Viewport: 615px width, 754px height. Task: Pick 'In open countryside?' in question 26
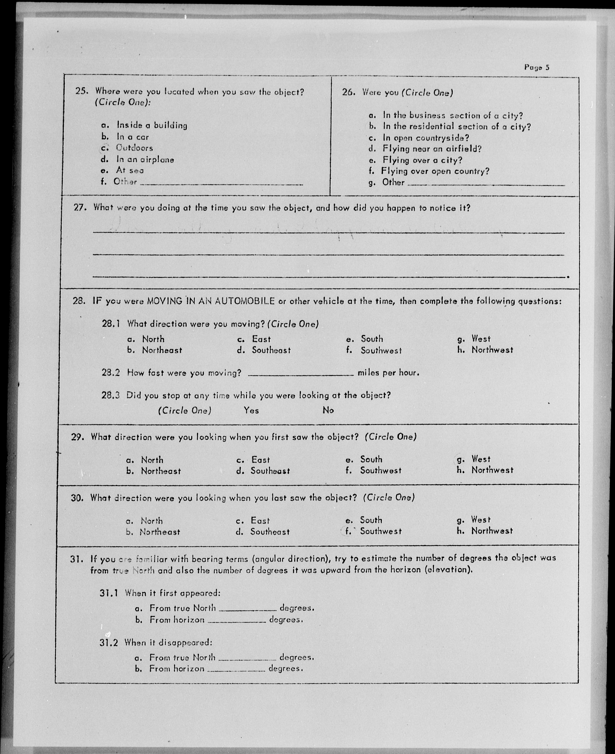(x=426, y=138)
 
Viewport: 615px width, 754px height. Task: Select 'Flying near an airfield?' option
(x=432, y=149)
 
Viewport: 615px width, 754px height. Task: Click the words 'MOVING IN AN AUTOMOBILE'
(x=211, y=301)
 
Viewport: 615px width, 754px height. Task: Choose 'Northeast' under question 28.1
(x=162, y=350)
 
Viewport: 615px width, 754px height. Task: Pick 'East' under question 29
(x=260, y=460)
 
